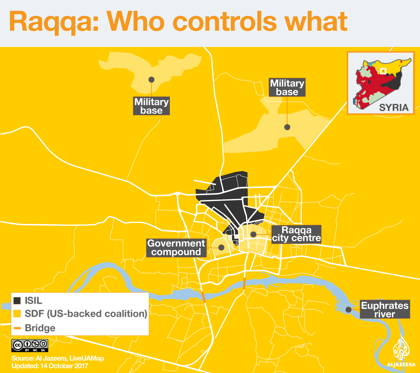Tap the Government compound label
(176, 248)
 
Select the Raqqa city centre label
(296, 234)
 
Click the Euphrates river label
(385, 310)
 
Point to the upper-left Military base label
(151, 106)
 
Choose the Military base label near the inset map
(287, 87)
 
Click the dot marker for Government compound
(221, 248)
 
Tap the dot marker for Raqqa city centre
(253, 234)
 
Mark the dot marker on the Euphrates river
(348, 309)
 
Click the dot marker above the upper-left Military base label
(151, 79)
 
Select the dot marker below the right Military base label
(287, 127)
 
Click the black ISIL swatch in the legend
(17, 301)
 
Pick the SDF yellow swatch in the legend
(17, 314)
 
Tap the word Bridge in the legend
(40, 328)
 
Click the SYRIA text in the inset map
(394, 107)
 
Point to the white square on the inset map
(383, 71)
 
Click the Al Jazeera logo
(401, 351)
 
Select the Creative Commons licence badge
(30, 345)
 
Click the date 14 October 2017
(64, 366)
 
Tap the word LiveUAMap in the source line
(86, 358)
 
